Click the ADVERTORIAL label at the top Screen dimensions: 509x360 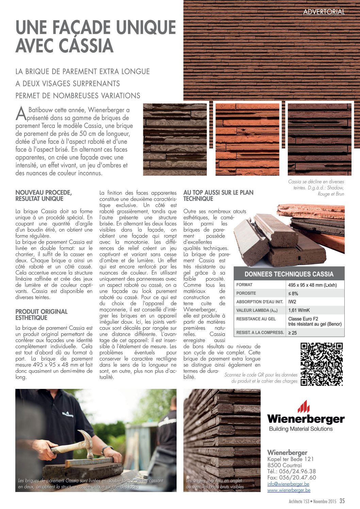coord(324,12)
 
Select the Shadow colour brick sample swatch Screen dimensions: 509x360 coord(175,139)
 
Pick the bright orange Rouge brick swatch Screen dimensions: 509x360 coord(247,139)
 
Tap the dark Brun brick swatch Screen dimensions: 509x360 coord(320,139)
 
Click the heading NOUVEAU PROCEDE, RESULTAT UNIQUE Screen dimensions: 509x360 coord(44,196)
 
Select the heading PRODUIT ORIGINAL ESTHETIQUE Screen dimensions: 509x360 coord(42,315)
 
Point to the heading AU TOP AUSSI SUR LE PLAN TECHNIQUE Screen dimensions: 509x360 coord(218,196)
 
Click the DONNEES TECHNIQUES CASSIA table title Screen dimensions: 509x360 coord(289,274)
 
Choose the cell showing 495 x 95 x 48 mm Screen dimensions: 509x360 coord(312,285)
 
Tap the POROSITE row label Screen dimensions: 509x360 coord(246,293)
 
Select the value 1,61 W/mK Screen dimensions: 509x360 coord(299,310)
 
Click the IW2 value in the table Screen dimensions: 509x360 coord(292,302)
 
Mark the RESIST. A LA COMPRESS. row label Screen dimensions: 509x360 coord(260,332)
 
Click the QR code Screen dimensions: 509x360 coord(322,364)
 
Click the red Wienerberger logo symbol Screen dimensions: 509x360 coord(304,406)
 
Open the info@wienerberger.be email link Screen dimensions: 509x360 coord(288,484)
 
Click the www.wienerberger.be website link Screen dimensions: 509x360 coord(289,490)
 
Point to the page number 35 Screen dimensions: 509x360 coord(342,501)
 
